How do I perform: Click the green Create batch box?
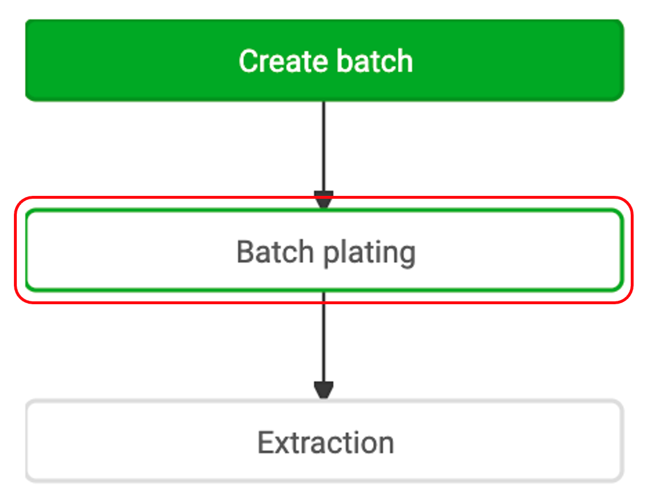coord(324,60)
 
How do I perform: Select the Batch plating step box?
coord(324,250)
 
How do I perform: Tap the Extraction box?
coord(324,440)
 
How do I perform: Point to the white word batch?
coord(375,61)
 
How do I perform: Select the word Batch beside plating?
coord(275,251)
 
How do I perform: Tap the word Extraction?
coord(325,443)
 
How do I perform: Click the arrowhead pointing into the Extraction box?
coord(324,390)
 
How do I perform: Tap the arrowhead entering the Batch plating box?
coord(324,200)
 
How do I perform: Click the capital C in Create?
coord(248,61)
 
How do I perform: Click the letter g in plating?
coord(406,257)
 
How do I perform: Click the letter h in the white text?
coord(404,61)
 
